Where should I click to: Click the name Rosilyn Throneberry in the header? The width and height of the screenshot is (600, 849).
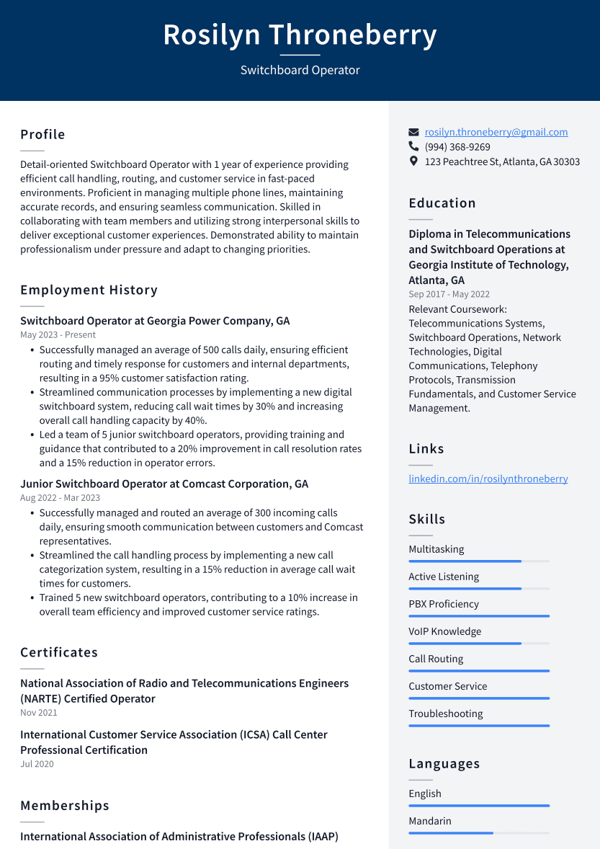tap(300, 35)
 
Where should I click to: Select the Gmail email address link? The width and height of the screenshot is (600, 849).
tap(496, 132)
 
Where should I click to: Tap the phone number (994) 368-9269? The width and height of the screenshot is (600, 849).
tap(457, 147)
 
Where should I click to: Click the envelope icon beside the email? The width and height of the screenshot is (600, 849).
tap(413, 133)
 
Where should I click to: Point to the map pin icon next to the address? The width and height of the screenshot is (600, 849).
tap(413, 161)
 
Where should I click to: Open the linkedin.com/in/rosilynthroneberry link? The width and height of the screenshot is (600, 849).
tap(488, 479)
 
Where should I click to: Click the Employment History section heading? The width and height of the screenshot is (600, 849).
tap(89, 290)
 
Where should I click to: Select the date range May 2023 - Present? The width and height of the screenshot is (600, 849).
tap(58, 335)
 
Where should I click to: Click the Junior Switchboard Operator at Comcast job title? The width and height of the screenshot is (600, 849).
tap(164, 484)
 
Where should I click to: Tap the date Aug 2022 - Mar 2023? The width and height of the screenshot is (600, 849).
tap(60, 498)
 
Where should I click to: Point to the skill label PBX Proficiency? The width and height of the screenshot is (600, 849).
tap(443, 604)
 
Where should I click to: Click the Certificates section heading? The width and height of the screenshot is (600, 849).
tap(59, 652)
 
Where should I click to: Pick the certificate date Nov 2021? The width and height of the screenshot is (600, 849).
tap(39, 713)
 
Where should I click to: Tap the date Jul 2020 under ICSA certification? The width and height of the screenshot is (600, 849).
tap(37, 764)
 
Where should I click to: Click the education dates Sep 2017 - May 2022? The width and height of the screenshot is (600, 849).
tap(449, 294)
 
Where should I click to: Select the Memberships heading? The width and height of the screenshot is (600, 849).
tap(65, 805)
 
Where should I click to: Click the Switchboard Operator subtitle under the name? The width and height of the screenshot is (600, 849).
tap(300, 70)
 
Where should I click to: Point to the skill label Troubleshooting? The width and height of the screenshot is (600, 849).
tap(445, 714)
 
